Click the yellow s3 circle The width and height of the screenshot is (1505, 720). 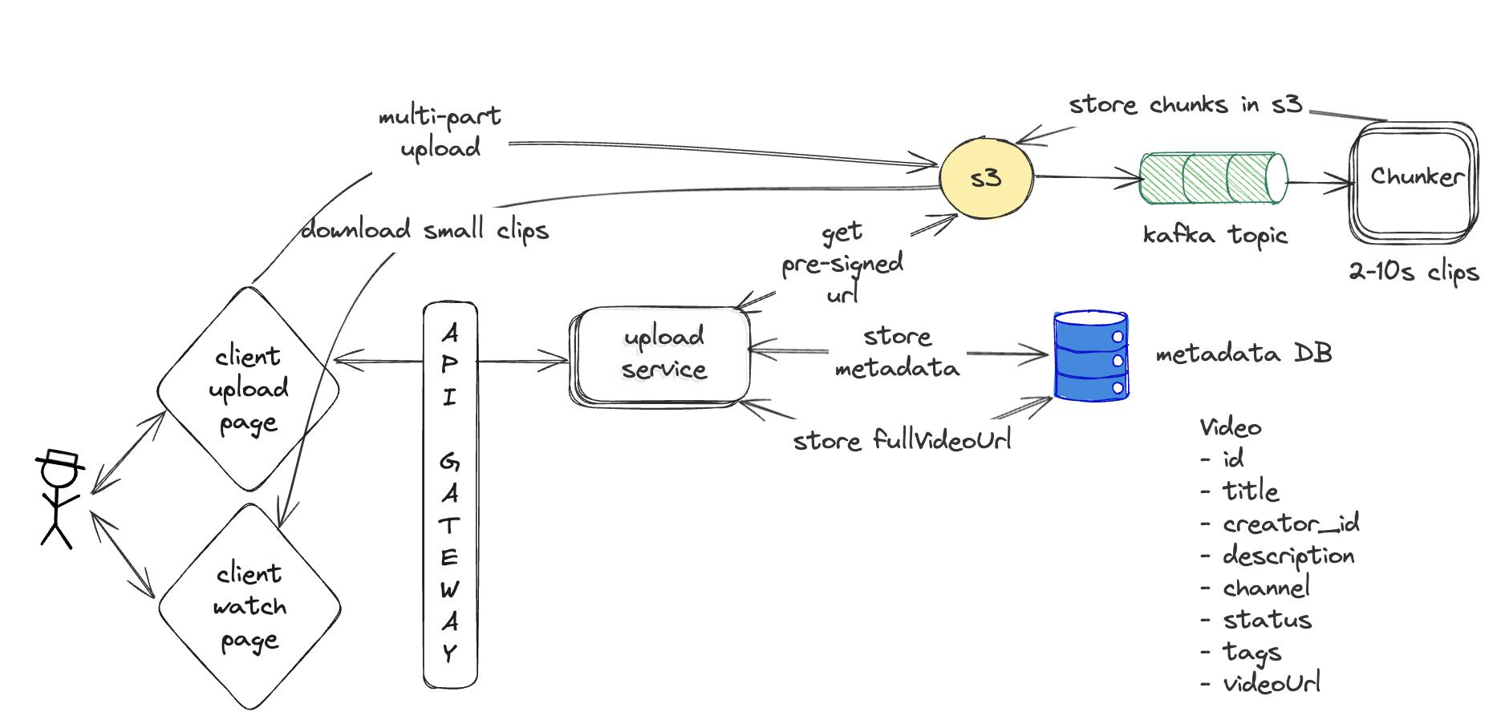[x=986, y=177]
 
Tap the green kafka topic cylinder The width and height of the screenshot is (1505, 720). [x=1213, y=178]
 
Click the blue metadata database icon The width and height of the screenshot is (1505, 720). [x=1091, y=355]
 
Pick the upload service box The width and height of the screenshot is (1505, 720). [x=662, y=354]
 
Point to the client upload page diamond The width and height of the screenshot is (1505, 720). [x=248, y=389]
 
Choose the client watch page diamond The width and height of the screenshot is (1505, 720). [x=249, y=606]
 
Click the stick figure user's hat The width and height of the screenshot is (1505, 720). [x=61, y=459]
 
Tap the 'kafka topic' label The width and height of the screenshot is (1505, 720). [x=1215, y=235]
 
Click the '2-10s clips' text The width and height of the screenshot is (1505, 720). [x=1414, y=272]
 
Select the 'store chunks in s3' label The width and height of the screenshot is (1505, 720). [x=1185, y=105]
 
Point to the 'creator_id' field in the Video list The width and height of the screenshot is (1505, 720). [x=1290, y=524]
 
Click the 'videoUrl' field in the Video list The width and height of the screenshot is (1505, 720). [x=1272, y=683]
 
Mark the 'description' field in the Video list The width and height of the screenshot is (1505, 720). [x=1288, y=556]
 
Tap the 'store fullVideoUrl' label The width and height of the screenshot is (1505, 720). [x=902, y=440]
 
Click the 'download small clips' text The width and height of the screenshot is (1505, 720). [x=424, y=231]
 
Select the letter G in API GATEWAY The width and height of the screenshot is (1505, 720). [x=449, y=461]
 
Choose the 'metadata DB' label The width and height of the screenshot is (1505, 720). [x=1243, y=354]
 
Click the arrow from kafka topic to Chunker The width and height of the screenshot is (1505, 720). [x=1320, y=183]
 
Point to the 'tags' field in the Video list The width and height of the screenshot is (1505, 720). [x=1251, y=653]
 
